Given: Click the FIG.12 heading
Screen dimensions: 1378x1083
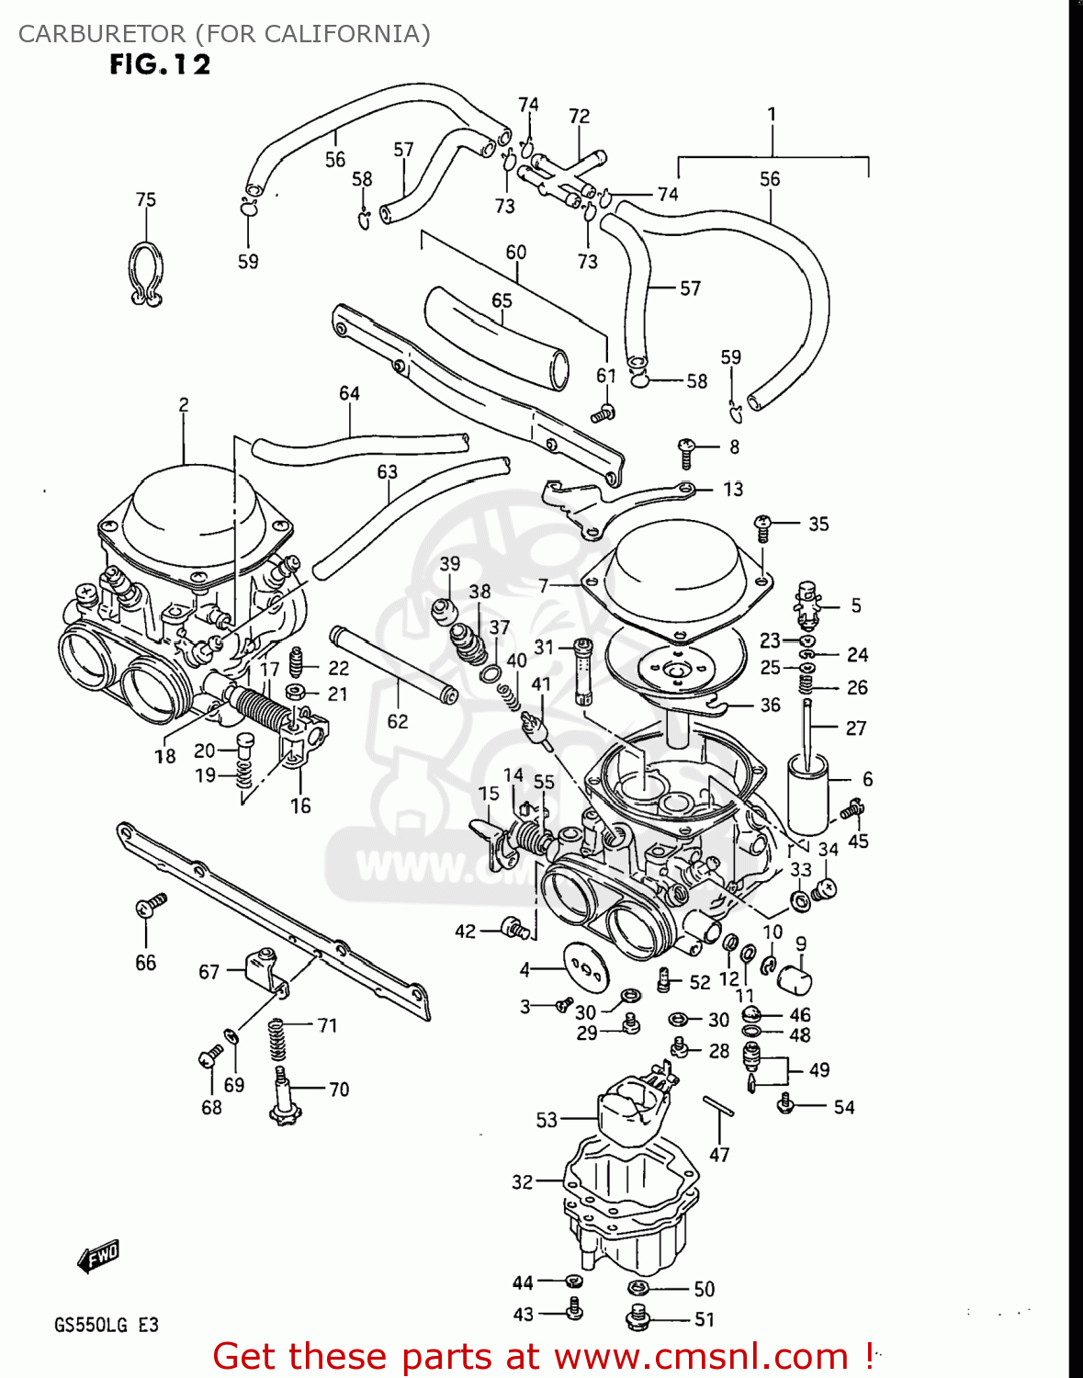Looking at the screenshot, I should pyautogui.click(x=160, y=64).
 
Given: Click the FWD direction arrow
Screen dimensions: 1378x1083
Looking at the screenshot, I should pyautogui.click(x=99, y=1256).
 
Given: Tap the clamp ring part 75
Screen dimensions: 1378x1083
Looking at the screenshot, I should pyautogui.click(x=145, y=272).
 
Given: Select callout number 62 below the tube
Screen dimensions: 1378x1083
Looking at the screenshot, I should pyautogui.click(x=397, y=721).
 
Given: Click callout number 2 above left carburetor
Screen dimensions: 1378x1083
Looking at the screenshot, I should pyautogui.click(x=184, y=404).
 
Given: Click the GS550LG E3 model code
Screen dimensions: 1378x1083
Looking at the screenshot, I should pyautogui.click(x=106, y=1325).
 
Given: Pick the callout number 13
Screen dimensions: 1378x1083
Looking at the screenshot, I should pyautogui.click(x=733, y=489).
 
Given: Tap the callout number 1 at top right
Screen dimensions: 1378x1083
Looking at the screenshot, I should pyautogui.click(x=772, y=114).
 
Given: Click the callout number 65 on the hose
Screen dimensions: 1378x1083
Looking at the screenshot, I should pyautogui.click(x=502, y=300).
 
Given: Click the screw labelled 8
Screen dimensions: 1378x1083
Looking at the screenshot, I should pyautogui.click(x=686, y=451).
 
